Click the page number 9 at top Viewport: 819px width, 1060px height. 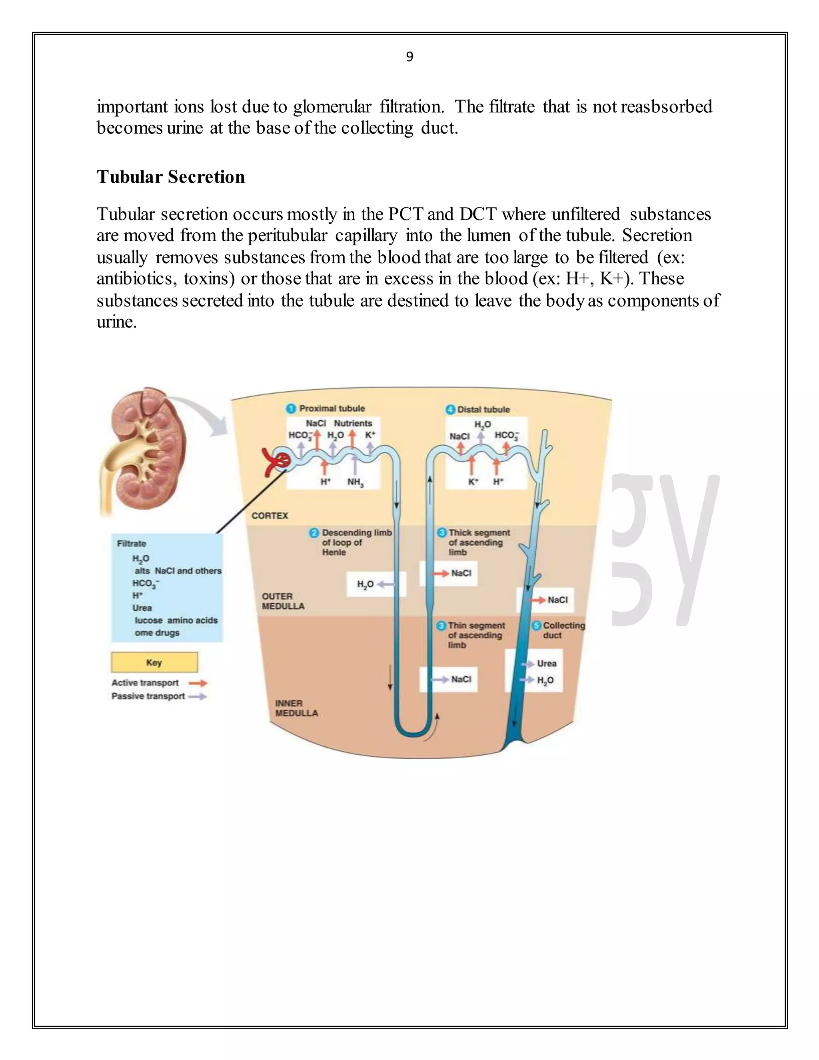tap(409, 57)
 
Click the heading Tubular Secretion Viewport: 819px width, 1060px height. tap(171, 177)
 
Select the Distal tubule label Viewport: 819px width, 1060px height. tap(483, 410)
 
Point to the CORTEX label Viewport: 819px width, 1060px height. tap(270, 516)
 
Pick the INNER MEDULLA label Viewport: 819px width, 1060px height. tap(296, 708)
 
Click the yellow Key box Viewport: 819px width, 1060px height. tap(154, 662)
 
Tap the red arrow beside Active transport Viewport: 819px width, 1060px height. tap(198, 683)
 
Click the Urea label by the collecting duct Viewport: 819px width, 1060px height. tap(546, 664)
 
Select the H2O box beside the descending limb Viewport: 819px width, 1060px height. tap(375, 584)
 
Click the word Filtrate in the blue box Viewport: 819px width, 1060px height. tap(132, 544)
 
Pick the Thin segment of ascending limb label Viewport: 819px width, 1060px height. tap(475, 635)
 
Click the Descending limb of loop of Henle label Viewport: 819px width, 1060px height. tap(356, 542)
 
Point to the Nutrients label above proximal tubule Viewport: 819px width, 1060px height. tap(353, 423)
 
